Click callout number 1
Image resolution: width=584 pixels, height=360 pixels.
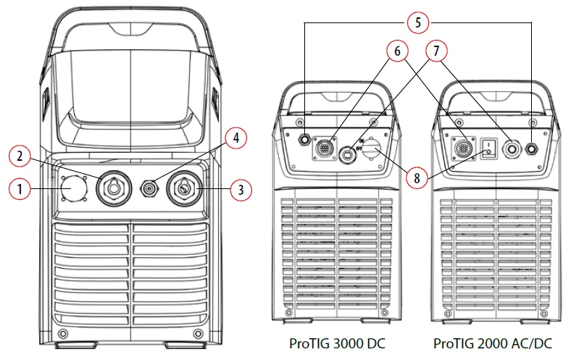coord(20,190)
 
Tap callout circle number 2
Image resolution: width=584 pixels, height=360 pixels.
coord(22,156)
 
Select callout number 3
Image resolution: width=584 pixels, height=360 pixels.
coord(241,191)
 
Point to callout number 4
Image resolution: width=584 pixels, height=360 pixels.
coord(234,138)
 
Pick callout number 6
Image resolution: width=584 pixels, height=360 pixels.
coord(396,52)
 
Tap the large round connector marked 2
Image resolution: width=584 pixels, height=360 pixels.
coord(112,188)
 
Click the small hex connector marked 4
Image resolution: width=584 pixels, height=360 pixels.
coord(149,188)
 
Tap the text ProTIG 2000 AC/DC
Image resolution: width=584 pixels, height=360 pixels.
coord(493,341)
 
